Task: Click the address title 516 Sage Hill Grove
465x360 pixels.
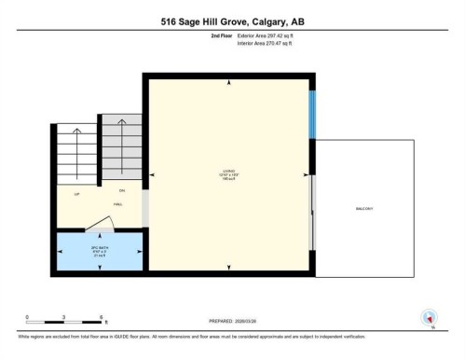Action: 232,21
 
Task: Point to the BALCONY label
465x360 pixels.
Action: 363,209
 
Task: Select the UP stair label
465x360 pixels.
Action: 64,193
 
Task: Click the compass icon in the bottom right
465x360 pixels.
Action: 429,317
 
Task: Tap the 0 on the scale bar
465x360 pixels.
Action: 27,317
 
